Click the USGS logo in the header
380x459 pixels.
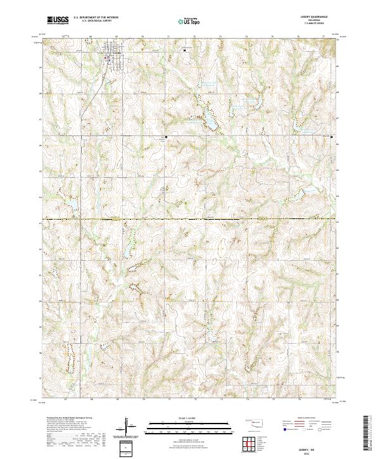point(58,20)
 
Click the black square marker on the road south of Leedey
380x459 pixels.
point(167,136)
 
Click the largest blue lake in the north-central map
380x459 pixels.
point(208,118)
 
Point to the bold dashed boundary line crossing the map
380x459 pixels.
point(190,219)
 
